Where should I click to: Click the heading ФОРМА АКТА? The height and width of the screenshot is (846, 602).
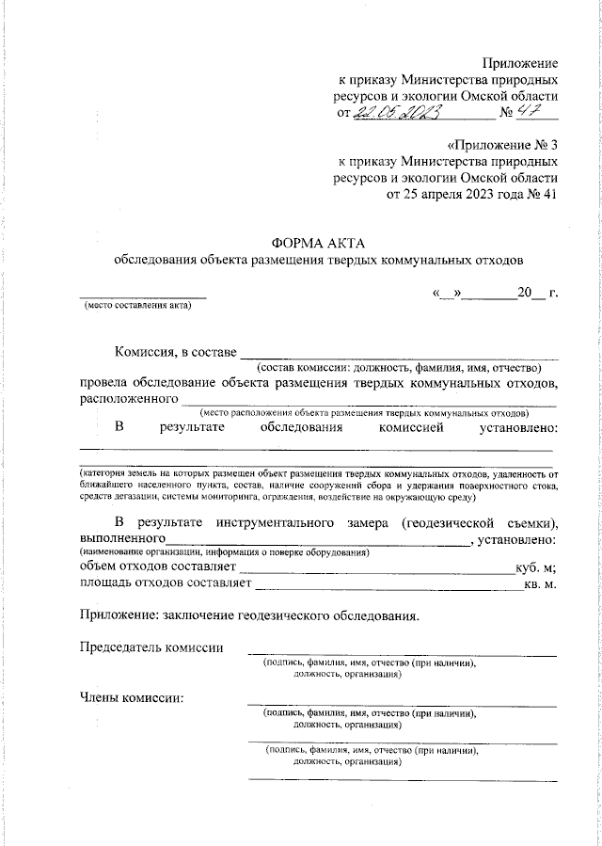[x=317, y=243]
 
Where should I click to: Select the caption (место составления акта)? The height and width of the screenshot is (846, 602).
[x=136, y=306]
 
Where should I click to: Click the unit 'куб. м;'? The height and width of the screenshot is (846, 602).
[x=535, y=568]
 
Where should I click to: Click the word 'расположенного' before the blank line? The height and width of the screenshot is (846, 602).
[x=129, y=399]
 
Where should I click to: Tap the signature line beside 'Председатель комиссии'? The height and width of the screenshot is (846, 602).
[x=402, y=653]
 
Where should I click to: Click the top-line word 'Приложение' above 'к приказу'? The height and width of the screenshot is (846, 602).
[x=520, y=62]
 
